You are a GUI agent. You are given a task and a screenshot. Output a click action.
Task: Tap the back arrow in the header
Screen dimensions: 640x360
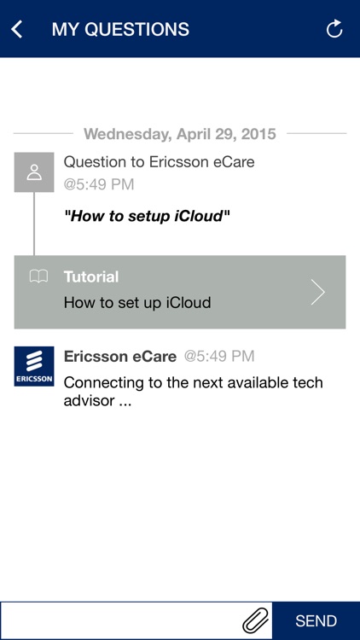pyautogui.click(x=16, y=29)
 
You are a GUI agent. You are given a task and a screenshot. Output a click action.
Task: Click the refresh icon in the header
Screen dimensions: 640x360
pyautogui.click(x=334, y=29)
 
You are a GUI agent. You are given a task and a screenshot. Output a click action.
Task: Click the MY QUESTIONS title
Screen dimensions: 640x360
pyautogui.click(x=120, y=29)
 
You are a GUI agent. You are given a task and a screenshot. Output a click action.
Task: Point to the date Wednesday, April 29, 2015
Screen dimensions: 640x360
pyautogui.click(x=180, y=134)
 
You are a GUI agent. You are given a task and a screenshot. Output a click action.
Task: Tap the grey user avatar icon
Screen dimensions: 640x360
pyautogui.click(x=34, y=172)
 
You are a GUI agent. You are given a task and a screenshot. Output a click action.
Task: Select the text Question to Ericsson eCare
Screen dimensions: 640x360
pyautogui.click(x=159, y=161)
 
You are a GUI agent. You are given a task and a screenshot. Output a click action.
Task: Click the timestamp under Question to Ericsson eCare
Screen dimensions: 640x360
pyautogui.click(x=99, y=184)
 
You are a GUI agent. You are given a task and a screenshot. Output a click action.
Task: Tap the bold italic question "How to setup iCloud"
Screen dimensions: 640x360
pyautogui.click(x=148, y=216)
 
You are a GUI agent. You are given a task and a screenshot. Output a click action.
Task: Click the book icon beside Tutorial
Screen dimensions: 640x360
pyautogui.click(x=38, y=276)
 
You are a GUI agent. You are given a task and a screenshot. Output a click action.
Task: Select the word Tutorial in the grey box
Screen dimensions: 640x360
pyautogui.click(x=91, y=276)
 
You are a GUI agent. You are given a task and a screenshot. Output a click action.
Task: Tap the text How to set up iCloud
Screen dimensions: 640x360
pyautogui.click(x=137, y=302)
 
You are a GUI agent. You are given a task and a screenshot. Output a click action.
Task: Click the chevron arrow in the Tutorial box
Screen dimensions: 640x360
pyautogui.click(x=318, y=292)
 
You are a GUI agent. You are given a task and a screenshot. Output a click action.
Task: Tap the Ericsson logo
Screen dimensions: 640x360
pyautogui.click(x=34, y=366)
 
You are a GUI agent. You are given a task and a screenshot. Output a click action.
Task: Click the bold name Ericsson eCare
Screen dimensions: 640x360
pyautogui.click(x=120, y=357)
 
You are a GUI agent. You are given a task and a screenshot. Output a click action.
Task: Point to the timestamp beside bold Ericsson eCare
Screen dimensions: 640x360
pyautogui.click(x=219, y=357)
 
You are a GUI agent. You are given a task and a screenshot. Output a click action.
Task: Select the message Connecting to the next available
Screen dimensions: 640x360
pyautogui.click(x=194, y=391)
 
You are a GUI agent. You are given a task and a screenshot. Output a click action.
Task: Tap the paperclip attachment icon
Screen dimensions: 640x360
pyautogui.click(x=255, y=620)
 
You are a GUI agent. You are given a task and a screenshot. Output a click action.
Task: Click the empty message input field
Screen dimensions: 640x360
pyautogui.click(x=119, y=620)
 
